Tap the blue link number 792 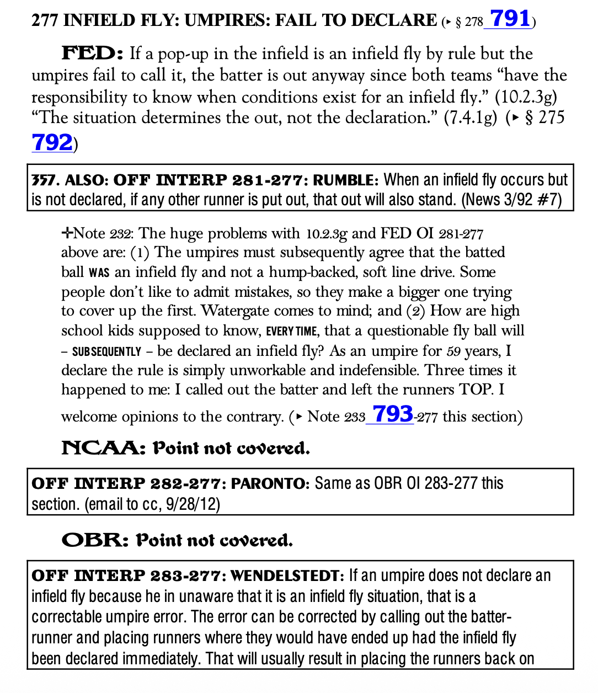pyautogui.click(x=52, y=142)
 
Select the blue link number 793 pyautogui.click(x=393, y=414)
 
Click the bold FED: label pyautogui.click(x=93, y=54)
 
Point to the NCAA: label pyautogui.click(x=103, y=447)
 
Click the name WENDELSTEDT pyautogui.click(x=287, y=576)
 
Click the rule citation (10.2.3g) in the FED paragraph pyautogui.click(x=526, y=97)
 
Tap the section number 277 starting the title pyautogui.click(x=45, y=21)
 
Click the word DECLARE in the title pyautogui.click(x=393, y=21)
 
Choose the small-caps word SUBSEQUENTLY pyautogui.click(x=106, y=351)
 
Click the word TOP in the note pyautogui.click(x=476, y=390)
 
